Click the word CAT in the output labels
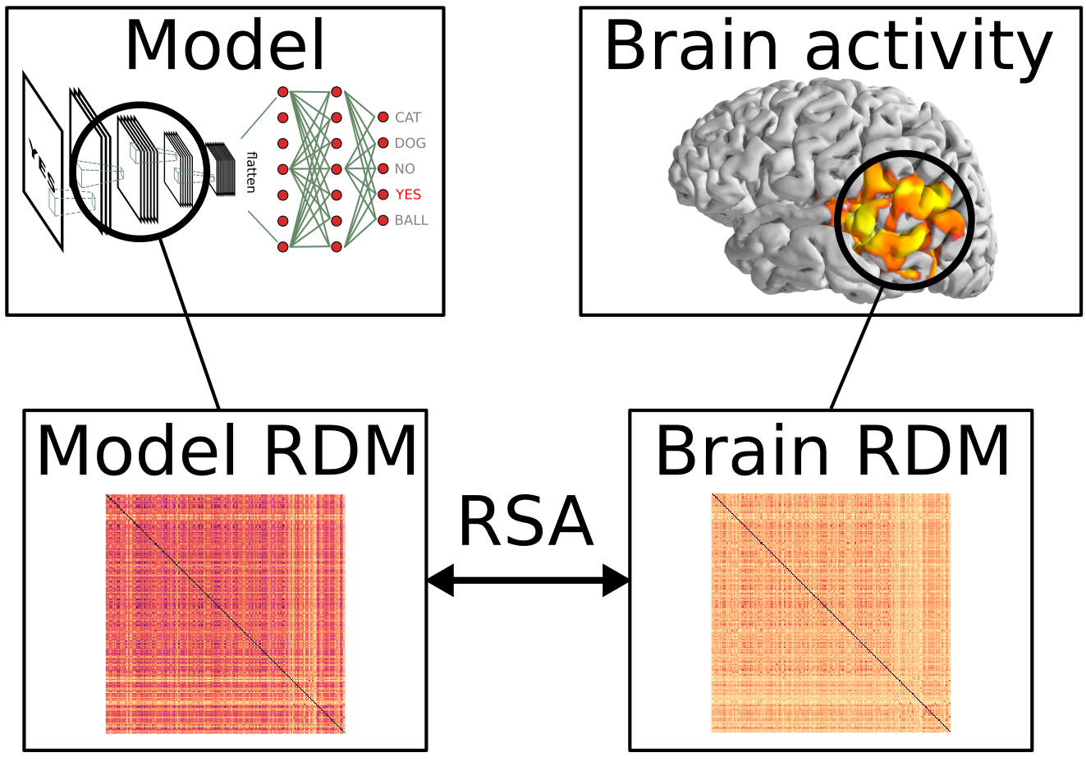pyautogui.click(x=407, y=117)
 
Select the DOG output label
pyautogui.click(x=410, y=143)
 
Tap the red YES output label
pyautogui.click(x=408, y=195)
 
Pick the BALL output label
pyautogui.click(x=411, y=220)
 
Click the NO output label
pyautogui.click(x=405, y=168)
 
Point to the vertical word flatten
pyautogui.click(x=251, y=172)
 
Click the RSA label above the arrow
pyautogui.click(x=525, y=522)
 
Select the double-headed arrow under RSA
pyautogui.click(x=527, y=580)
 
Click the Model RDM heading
pyautogui.click(x=227, y=451)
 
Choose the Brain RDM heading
pyautogui.click(x=832, y=451)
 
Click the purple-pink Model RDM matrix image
pyautogui.click(x=225, y=613)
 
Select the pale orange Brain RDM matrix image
pyautogui.click(x=831, y=612)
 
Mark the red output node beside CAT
pyautogui.click(x=383, y=117)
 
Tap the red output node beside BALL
pyautogui.click(x=383, y=220)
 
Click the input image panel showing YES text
pyautogui.click(x=43, y=161)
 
